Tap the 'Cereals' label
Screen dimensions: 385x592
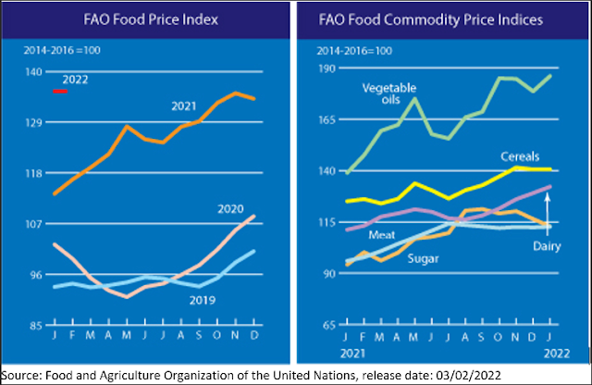click(519, 155)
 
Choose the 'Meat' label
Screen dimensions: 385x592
click(356, 236)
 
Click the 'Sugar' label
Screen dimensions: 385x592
click(425, 257)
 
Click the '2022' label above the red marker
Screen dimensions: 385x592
click(75, 81)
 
